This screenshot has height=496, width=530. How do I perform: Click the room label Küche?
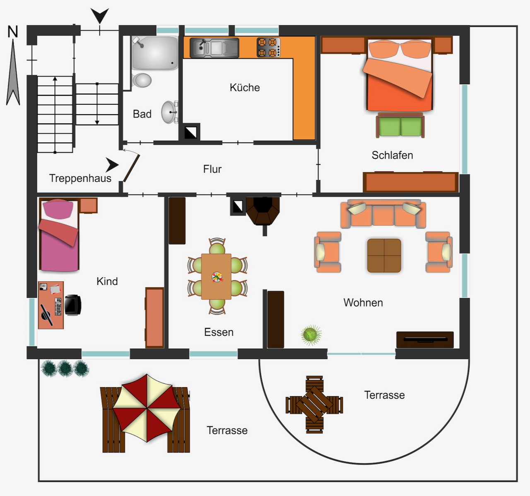tap(245, 87)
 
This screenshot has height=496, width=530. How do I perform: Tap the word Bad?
tap(142, 114)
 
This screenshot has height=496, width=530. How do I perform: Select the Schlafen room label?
tap(392, 155)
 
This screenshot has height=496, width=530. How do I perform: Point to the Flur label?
tap(212, 169)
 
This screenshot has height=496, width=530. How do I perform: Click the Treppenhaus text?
tap(80, 178)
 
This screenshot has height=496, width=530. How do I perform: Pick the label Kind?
tap(107, 281)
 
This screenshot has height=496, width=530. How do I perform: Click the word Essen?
tap(219, 332)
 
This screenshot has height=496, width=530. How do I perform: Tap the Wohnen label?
tap(363, 303)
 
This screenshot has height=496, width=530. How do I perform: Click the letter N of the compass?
tap(12, 32)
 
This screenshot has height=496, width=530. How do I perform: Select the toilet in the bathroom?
tap(142, 80)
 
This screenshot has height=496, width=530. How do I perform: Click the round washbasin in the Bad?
tap(169, 112)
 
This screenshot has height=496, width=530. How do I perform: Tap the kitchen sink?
tap(214, 48)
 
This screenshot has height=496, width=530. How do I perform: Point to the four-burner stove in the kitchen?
tap(268, 48)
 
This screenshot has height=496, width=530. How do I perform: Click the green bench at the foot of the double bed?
tap(400, 125)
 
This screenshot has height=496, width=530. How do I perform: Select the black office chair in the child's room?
tap(72, 305)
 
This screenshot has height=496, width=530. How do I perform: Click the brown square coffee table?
tap(384, 256)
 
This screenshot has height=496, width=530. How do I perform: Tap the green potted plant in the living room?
tap(311, 335)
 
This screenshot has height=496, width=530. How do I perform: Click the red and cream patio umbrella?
tap(147, 408)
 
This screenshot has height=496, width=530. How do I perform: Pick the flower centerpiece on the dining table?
tap(217, 277)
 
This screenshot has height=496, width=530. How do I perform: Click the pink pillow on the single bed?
tap(58, 209)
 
